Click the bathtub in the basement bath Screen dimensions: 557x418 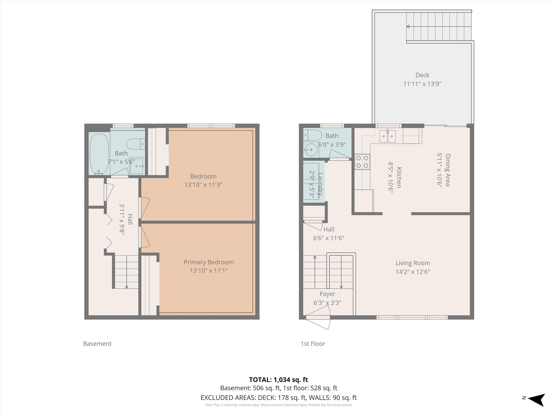coord(100,154)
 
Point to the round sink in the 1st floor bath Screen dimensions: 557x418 coord(311,150)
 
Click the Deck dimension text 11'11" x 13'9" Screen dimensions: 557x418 coord(422,84)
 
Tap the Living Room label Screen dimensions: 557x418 coord(413,263)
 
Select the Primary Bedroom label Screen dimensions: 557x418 coord(209,262)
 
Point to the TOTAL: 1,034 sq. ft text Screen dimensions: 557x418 coord(278,380)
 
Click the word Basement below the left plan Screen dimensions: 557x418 coord(97,344)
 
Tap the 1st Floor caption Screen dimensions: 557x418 coord(313,344)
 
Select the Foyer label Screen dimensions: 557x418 coord(327,294)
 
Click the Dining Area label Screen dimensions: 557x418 coord(448,170)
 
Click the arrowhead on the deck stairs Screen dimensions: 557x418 coord(408,27)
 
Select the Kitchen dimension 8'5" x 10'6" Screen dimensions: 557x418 coord(391,178)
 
